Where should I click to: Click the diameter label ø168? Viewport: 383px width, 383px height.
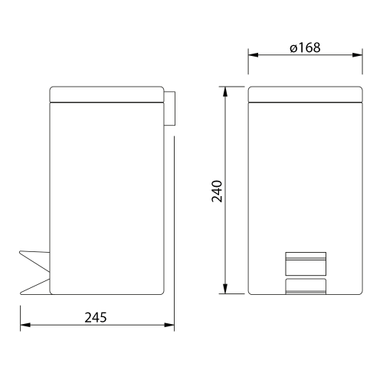pos(305,47)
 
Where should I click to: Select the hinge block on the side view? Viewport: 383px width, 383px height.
pos(169,108)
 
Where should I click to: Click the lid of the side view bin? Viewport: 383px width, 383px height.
pos(106,93)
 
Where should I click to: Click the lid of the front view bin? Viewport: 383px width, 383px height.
pos(305,93)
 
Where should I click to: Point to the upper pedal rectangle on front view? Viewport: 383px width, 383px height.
pos(305,263)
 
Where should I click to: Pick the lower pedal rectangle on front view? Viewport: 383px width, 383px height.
pos(305,286)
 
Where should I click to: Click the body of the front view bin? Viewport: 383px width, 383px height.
pos(305,184)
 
